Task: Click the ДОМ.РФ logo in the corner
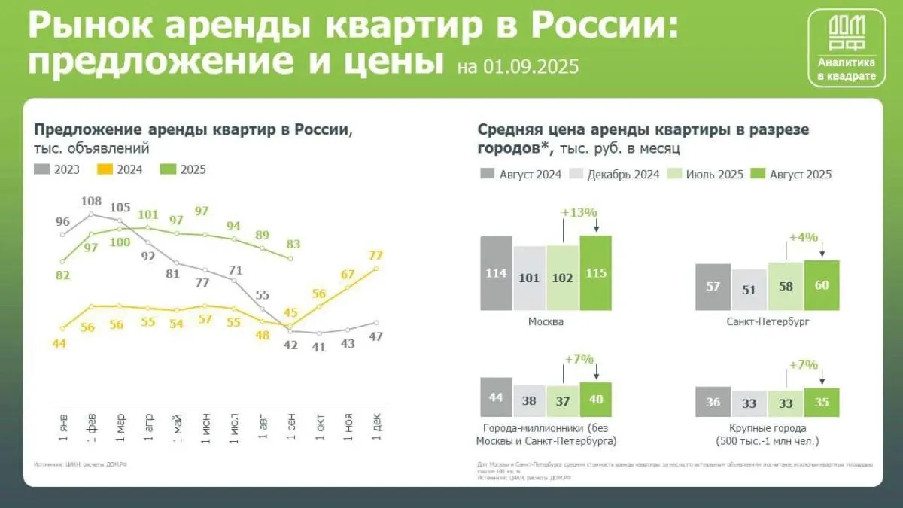pyautogui.click(x=846, y=48)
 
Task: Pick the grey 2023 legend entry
pyautogui.click(x=63, y=169)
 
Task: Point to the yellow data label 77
pyautogui.click(x=375, y=255)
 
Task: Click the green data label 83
pyautogui.click(x=293, y=244)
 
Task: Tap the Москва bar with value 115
pyautogui.click(x=596, y=273)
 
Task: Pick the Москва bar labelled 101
pyautogui.click(x=530, y=278)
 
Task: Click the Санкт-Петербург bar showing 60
pyautogui.click(x=822, y=285)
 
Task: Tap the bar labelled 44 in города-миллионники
pyautogui.click(x=496, y=396)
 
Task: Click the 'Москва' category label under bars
pyautogui.click(x=546, y=321)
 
